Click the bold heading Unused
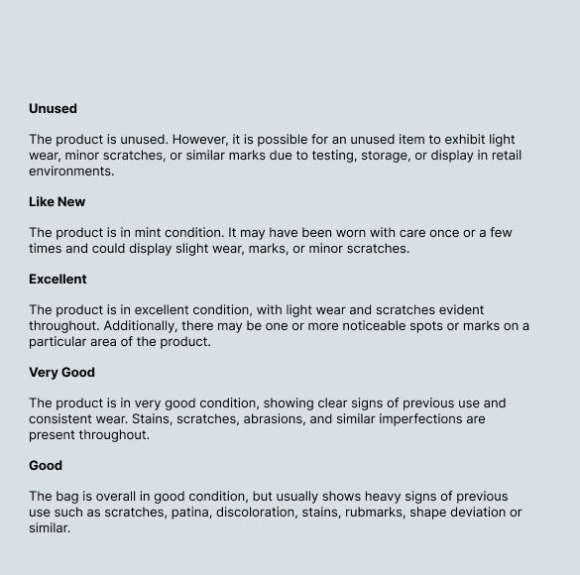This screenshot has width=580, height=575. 53,109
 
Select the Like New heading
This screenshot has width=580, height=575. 57,202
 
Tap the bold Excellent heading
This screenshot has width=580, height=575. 58,280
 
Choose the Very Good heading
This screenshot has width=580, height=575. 61,373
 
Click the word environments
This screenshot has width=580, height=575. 71,172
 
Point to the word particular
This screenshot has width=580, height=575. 60,342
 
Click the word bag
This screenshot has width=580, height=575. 70,497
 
